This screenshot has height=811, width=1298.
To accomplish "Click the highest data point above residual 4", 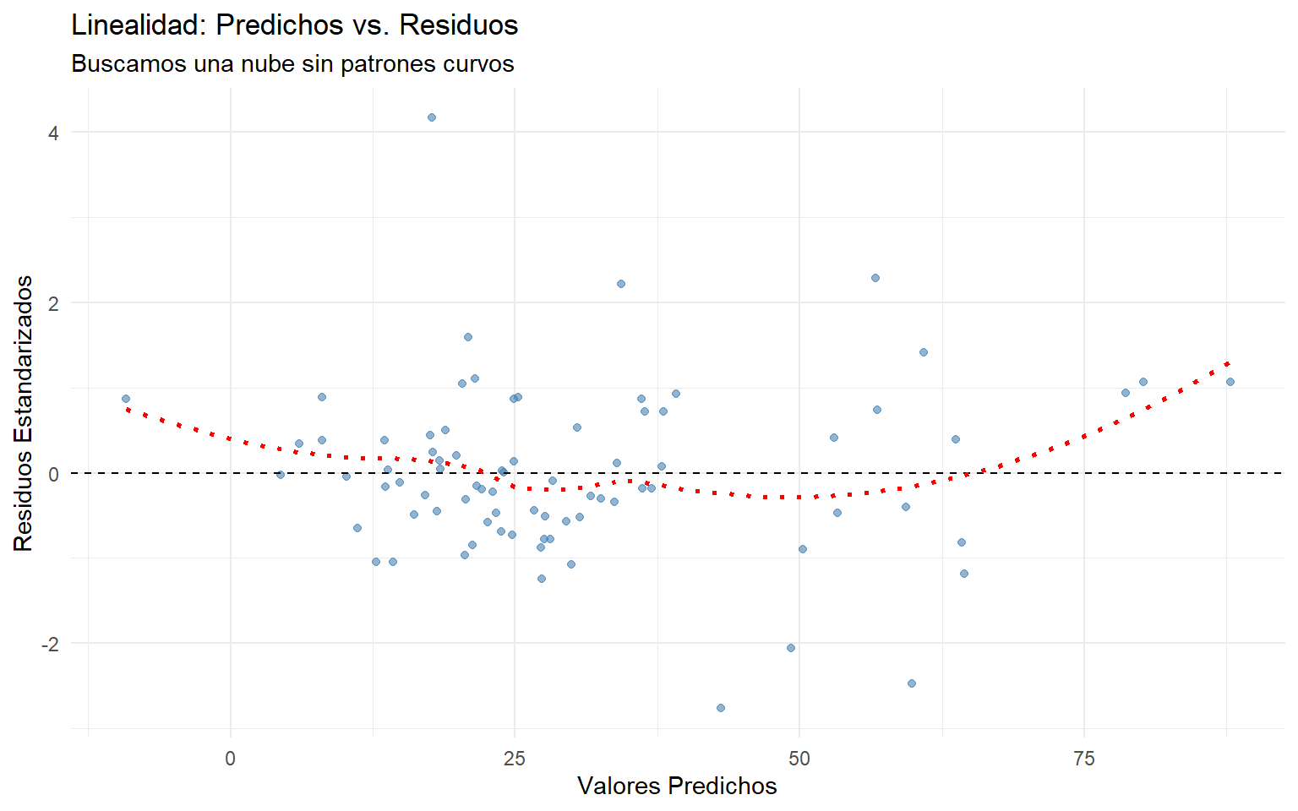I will [x=432, y=117].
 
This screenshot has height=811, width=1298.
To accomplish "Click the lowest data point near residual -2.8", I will [x=721, y=708].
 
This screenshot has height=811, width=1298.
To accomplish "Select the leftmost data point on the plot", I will [x=126, y=399].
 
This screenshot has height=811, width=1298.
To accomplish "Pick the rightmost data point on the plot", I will [x=1230, y=382].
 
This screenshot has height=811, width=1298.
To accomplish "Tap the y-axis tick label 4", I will [x=53, y=133].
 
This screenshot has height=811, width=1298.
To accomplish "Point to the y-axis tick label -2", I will [x=50, y=644].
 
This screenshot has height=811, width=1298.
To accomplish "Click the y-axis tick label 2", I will [x=53, y=303].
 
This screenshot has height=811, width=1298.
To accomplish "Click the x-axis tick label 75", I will [x=1084, y=759].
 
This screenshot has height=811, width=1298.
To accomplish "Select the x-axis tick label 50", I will [x=799, y=759].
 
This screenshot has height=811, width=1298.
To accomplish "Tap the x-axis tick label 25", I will [x=515, y=759].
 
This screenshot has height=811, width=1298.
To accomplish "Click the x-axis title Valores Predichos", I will [x=677, y=787].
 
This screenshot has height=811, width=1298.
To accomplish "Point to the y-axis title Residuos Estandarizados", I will [x=24, y=413].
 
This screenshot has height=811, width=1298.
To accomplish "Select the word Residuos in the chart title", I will [x=459, y=25].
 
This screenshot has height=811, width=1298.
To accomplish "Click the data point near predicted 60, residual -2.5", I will [x=912, y=683].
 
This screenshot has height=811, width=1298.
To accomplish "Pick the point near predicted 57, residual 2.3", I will [x=875, y=278].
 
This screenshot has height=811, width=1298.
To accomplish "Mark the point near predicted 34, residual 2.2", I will [x=621, y=284].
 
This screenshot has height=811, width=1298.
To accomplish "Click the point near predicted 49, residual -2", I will [x=791, y=648].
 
